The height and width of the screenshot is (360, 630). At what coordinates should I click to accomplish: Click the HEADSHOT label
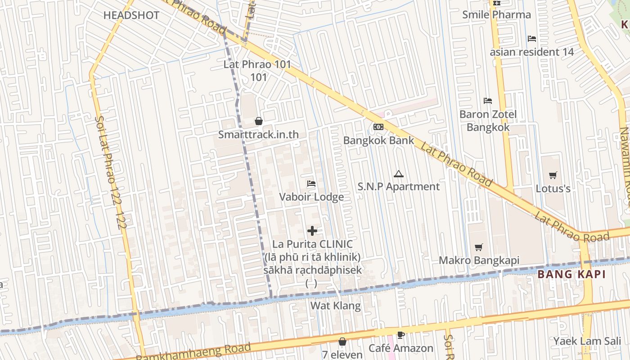coord(131,15)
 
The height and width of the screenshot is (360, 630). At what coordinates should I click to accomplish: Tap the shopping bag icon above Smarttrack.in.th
coord(259,121)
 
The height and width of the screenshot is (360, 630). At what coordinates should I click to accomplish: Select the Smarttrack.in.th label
coord(258,135)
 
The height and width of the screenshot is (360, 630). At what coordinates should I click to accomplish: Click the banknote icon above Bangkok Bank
coord(378,127)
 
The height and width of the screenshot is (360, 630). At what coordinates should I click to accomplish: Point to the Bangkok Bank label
coord(378,140)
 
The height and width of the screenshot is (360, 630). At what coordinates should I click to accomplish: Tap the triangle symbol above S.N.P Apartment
coord(398,174)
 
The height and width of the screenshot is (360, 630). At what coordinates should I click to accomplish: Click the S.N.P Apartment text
coord(398,186)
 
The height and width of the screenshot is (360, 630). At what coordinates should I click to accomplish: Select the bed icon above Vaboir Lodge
coord(311,184)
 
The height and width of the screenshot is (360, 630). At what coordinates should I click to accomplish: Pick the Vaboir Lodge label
coord(311,197)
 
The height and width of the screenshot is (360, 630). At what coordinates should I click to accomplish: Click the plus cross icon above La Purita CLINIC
coord(312,231)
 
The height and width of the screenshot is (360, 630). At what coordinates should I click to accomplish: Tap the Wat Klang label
coord(336,306)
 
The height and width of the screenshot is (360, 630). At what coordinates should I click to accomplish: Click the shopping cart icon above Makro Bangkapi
coord(479,247)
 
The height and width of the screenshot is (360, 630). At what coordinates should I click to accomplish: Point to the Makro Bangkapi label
coord(479,260)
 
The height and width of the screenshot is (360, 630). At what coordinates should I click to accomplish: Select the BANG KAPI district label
coord(571,274)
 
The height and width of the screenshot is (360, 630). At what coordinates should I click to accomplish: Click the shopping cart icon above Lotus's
coord(553,175)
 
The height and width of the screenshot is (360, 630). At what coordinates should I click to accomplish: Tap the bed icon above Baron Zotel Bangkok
coord(488,101)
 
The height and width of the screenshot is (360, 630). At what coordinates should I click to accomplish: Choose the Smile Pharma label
coord(496,14)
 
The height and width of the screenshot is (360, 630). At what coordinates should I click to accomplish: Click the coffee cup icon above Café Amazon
coord(400,335)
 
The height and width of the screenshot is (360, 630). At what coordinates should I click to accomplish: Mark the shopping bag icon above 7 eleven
coord(342,342)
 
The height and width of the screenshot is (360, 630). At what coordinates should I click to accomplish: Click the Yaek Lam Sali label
coord(584,341)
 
